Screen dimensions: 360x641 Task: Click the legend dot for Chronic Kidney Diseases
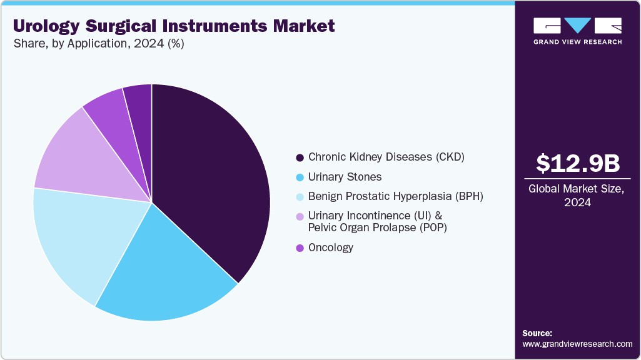tap(300, 157)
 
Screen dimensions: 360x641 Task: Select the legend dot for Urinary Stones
tap(300, 177)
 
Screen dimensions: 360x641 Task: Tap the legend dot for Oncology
tap(300, 248)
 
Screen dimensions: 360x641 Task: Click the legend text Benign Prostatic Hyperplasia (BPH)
tap(396, 196)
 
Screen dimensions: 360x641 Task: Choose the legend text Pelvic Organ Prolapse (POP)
tap(378, 227)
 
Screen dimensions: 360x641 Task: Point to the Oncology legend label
tap(331, 247)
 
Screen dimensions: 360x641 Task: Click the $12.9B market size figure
tap(578, 163)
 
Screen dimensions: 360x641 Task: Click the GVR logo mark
tap(577, 26)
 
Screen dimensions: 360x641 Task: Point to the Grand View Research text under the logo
tap(577, 42)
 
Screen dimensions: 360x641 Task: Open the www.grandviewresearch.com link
tap(577, 344)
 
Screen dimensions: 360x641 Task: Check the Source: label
tap(537, 333)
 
